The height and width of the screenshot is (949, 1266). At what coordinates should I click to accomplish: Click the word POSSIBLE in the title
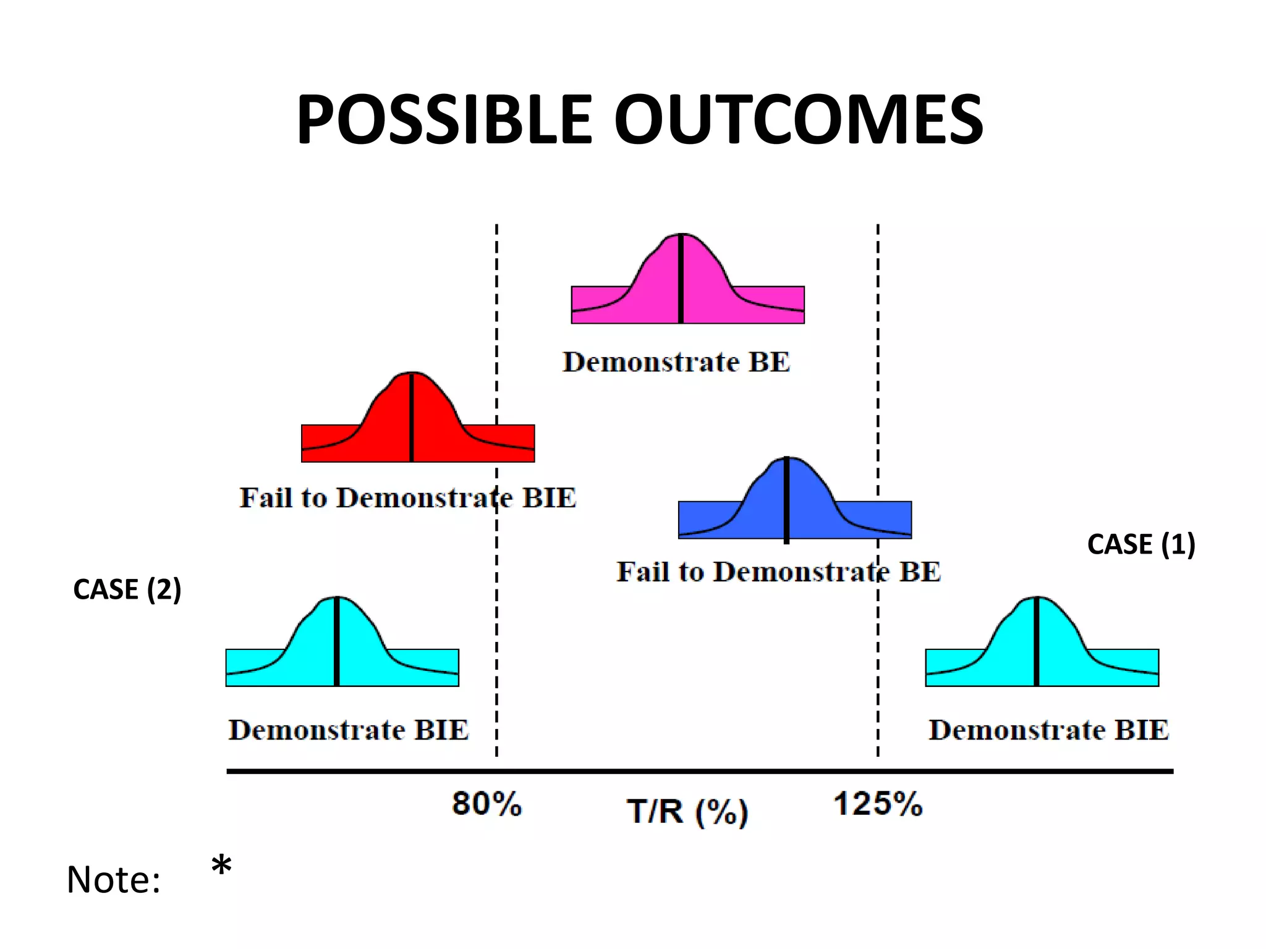[x=444, y=120]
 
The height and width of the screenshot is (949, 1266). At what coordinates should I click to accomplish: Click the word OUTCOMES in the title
[x=797, y=120]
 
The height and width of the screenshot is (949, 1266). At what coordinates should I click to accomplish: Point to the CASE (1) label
[x=1141, y=544]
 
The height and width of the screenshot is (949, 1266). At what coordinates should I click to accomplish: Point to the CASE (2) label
[x=127, y=589]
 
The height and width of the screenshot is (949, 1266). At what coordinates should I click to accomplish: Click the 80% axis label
[x=487, y=804]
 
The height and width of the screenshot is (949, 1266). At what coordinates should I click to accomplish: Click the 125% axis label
[x=878, y=804]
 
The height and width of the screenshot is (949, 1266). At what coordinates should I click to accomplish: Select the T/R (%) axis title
[x=687, y=812]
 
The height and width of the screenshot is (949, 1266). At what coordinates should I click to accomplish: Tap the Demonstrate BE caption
[x=676, y=362]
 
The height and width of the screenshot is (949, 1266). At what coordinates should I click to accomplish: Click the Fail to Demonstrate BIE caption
[x=408, y=498]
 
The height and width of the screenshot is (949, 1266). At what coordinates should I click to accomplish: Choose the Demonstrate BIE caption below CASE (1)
[x=1049, y=730]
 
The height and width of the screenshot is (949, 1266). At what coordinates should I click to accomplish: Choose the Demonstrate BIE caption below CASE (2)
[x=349, y=730]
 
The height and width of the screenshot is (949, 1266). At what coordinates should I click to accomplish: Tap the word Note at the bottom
[x=113, y=880]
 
